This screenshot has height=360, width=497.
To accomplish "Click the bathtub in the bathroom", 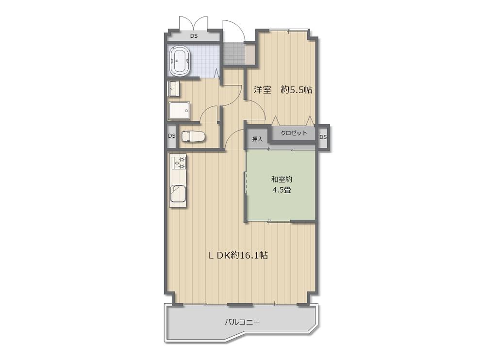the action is click(180, 61).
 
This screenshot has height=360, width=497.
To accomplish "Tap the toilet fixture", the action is click(193, 137).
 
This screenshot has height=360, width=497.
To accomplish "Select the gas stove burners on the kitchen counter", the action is click(179, 162).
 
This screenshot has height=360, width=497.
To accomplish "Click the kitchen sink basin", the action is click(179, 193).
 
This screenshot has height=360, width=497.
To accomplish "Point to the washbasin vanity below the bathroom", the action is click(173, 89).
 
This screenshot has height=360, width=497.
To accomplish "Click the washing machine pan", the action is click(179, 111).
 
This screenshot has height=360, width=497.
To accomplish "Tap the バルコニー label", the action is click(242, 322).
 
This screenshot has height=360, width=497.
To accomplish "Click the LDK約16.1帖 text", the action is click(238, 255).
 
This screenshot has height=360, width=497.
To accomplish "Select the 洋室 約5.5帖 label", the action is click(283, 90).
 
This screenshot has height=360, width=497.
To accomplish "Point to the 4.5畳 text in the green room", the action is click(282, 190).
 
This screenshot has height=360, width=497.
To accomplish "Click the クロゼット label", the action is click(294, 133).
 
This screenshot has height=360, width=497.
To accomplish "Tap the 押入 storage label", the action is click(257, 139).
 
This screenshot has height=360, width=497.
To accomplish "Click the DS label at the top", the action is click(194, 36).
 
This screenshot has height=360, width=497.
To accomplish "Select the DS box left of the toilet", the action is click(171, 136).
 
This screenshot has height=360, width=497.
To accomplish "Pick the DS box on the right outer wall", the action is click(323, 137).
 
